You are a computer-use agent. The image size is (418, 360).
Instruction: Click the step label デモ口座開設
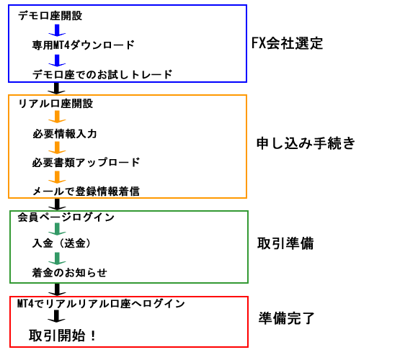(x=50, y=16)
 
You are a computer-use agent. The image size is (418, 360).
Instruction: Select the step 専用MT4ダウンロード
(x=83, y=45)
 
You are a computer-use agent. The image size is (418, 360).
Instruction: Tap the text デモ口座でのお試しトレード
(x=102, y=75)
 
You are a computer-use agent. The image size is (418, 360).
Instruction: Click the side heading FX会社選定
(x=287, y=43)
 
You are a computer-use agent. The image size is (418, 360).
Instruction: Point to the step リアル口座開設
(x=55, y=104)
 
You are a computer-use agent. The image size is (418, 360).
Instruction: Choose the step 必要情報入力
(x=65, y=134)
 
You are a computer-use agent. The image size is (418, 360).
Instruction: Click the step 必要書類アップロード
(x=86, y=163)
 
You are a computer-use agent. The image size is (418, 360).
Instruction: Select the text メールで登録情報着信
(x=86, y=192)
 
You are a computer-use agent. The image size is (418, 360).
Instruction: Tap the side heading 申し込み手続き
(x=306, y=143)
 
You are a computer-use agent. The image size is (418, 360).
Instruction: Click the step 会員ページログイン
(x=66, y=217)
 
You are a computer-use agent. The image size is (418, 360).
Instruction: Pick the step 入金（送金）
(x=61, y=243)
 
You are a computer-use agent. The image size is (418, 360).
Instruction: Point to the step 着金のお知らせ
(x=70, y=273)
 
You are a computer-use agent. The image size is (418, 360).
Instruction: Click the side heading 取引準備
(x=285, y=243)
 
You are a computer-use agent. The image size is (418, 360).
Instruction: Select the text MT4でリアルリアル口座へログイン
(x=101, y=304)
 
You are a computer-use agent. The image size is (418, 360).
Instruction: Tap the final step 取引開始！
(x=63, y=336)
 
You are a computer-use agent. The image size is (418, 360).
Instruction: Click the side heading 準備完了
(x=287, y=318)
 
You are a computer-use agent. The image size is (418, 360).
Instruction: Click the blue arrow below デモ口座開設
(x=57, y=30)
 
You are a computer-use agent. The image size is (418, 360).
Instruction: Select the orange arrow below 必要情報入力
(x=57, y=148)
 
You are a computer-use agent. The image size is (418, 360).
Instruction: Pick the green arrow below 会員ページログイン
(x=57, y=229)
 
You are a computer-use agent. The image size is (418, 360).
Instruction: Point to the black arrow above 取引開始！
(x=56, y=316)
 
